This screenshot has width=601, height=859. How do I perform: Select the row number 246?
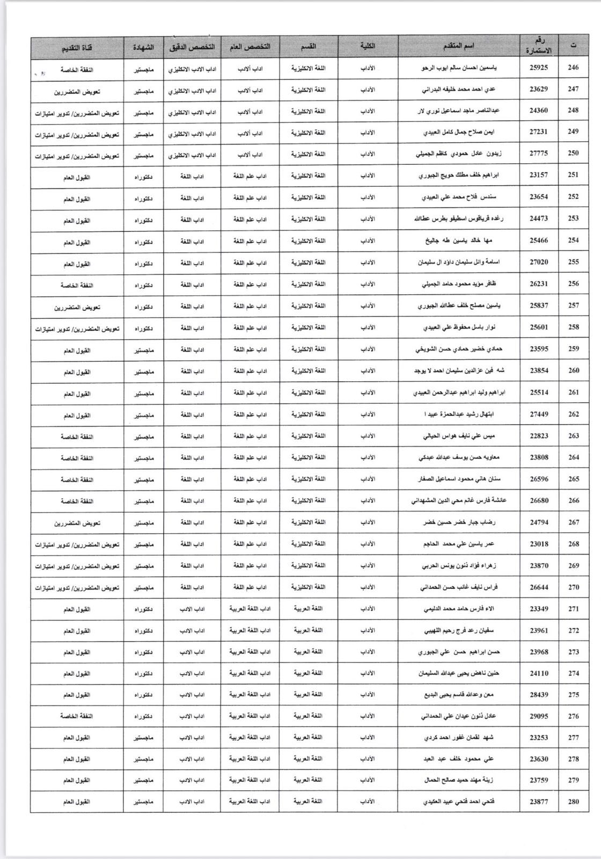pos(574,68)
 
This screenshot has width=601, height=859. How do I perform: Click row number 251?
pos(574,175)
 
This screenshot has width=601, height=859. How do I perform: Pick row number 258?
pos(574,327)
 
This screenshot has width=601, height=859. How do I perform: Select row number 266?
pos(574,500)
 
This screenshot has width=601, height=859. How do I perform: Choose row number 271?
pos(574,609)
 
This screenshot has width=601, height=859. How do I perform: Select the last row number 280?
pos(574,802)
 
